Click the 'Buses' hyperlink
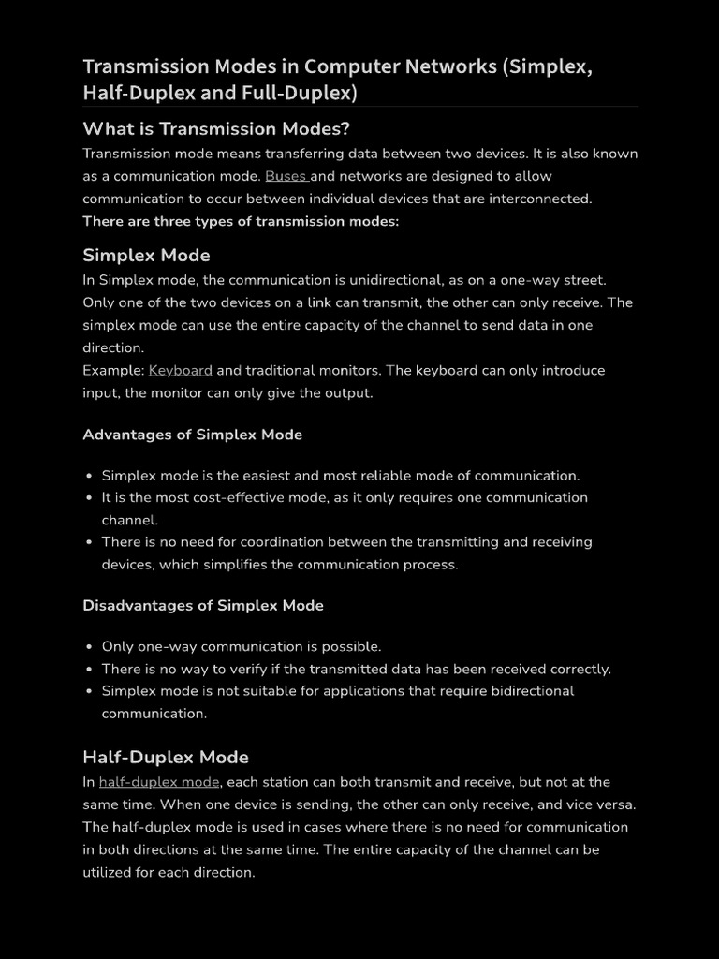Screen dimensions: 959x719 tap(286, 176)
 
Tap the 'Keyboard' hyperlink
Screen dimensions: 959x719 tap(180, 370)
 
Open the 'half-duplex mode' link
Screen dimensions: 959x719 tap(159, 782)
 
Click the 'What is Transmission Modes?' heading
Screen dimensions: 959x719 tap(216, 129)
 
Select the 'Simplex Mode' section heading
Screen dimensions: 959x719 tap(146, 256)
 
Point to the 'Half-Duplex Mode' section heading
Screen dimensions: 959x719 tap(166, 757)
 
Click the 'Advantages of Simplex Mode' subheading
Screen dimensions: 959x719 tap(192, 435)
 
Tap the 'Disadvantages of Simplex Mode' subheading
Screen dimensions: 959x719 tap(203, 605)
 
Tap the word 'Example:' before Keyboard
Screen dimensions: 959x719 tap(113, 370)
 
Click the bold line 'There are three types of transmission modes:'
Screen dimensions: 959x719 tap(241, 221)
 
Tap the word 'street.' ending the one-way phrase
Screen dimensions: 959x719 tap(580, 280)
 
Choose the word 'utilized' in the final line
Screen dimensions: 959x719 tap(110, 872)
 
